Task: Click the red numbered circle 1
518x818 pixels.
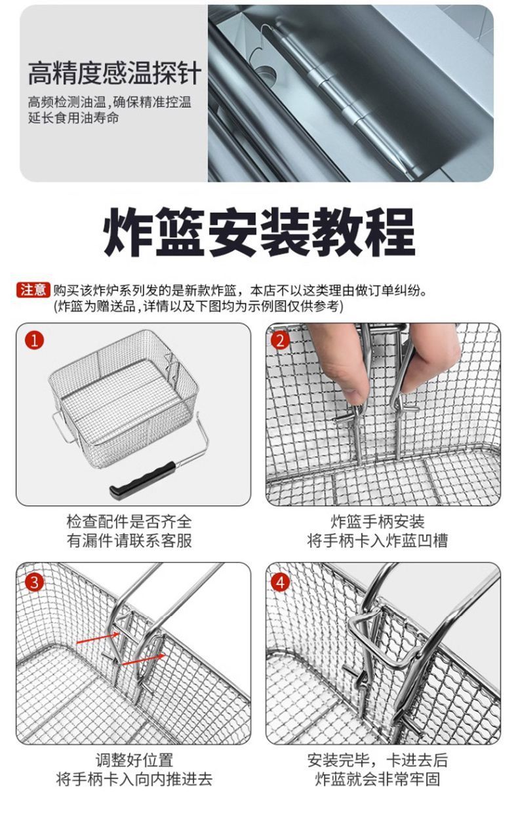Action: (34, 341)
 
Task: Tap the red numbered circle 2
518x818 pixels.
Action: (280, 341)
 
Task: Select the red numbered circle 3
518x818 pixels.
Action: (34, 582)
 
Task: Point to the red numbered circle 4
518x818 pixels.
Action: (280, 582)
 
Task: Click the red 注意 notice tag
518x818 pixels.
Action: (33, 290)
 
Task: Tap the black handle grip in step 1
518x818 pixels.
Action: (142, 479)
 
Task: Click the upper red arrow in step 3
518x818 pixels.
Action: (98, 638)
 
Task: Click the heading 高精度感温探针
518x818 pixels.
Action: (115, 73)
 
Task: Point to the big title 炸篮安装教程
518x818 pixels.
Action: (259, 232)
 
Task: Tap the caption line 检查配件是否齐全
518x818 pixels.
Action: (129, 521)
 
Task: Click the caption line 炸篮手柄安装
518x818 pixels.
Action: (378, 521)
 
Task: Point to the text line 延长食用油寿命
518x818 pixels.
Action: (73, 118)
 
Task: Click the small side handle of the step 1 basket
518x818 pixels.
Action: (62, 426)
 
